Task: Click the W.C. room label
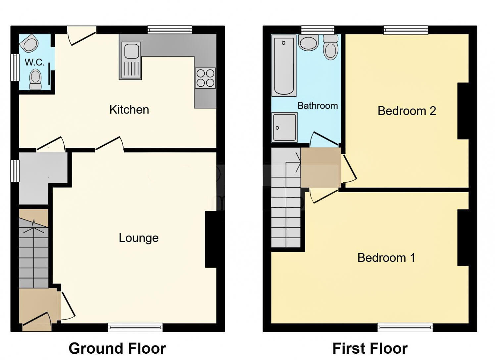34,62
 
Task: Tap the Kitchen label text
129,110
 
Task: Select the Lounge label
139,238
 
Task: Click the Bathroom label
318,106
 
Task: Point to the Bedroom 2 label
407,111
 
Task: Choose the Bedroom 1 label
386,258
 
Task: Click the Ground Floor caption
117,348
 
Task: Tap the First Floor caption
370,348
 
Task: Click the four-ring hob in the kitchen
205,78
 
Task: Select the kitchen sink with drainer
131,61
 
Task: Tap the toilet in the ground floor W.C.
35,79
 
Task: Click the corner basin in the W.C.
29,44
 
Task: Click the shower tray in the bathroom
284,127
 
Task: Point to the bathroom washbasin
308,43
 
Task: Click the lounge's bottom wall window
135,327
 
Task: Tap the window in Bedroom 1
405,327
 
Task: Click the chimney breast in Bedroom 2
463,111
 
